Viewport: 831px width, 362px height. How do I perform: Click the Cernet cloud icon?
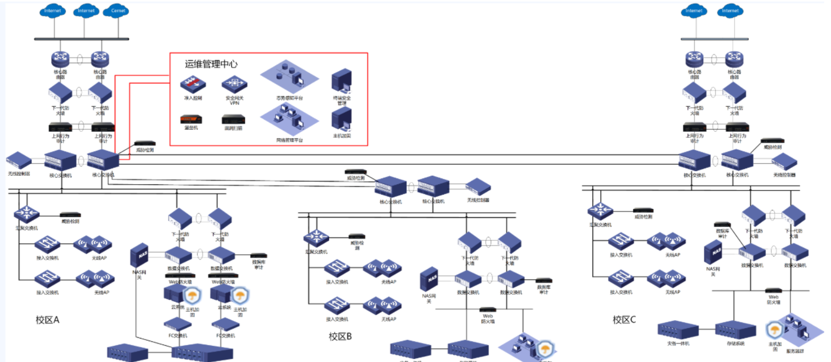[x=118, y=11]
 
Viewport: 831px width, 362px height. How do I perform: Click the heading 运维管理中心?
[x=211, y=64]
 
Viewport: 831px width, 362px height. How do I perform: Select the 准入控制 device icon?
[x=193, y=84]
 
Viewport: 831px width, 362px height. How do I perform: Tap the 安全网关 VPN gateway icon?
[x=234, y=84]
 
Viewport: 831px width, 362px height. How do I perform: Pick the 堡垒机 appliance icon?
[x=191, y=119]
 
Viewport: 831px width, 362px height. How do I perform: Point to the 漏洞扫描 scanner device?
[x=233, y=119]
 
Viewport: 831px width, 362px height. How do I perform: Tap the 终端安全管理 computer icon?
[x=342, y=82]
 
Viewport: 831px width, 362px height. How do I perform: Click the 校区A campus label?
[x=48, y=320]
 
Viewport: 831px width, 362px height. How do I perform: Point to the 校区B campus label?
[x=340, y=336]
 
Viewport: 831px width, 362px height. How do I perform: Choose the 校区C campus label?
[x=624, y=320]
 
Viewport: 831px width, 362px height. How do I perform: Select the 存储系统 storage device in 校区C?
[x=735, y=330]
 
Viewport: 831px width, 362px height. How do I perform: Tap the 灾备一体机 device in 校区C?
[x=678, y=330]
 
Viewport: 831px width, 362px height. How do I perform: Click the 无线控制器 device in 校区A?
[x=19, y=161]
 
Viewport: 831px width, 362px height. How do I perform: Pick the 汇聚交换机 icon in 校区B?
[x=316, y=238]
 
